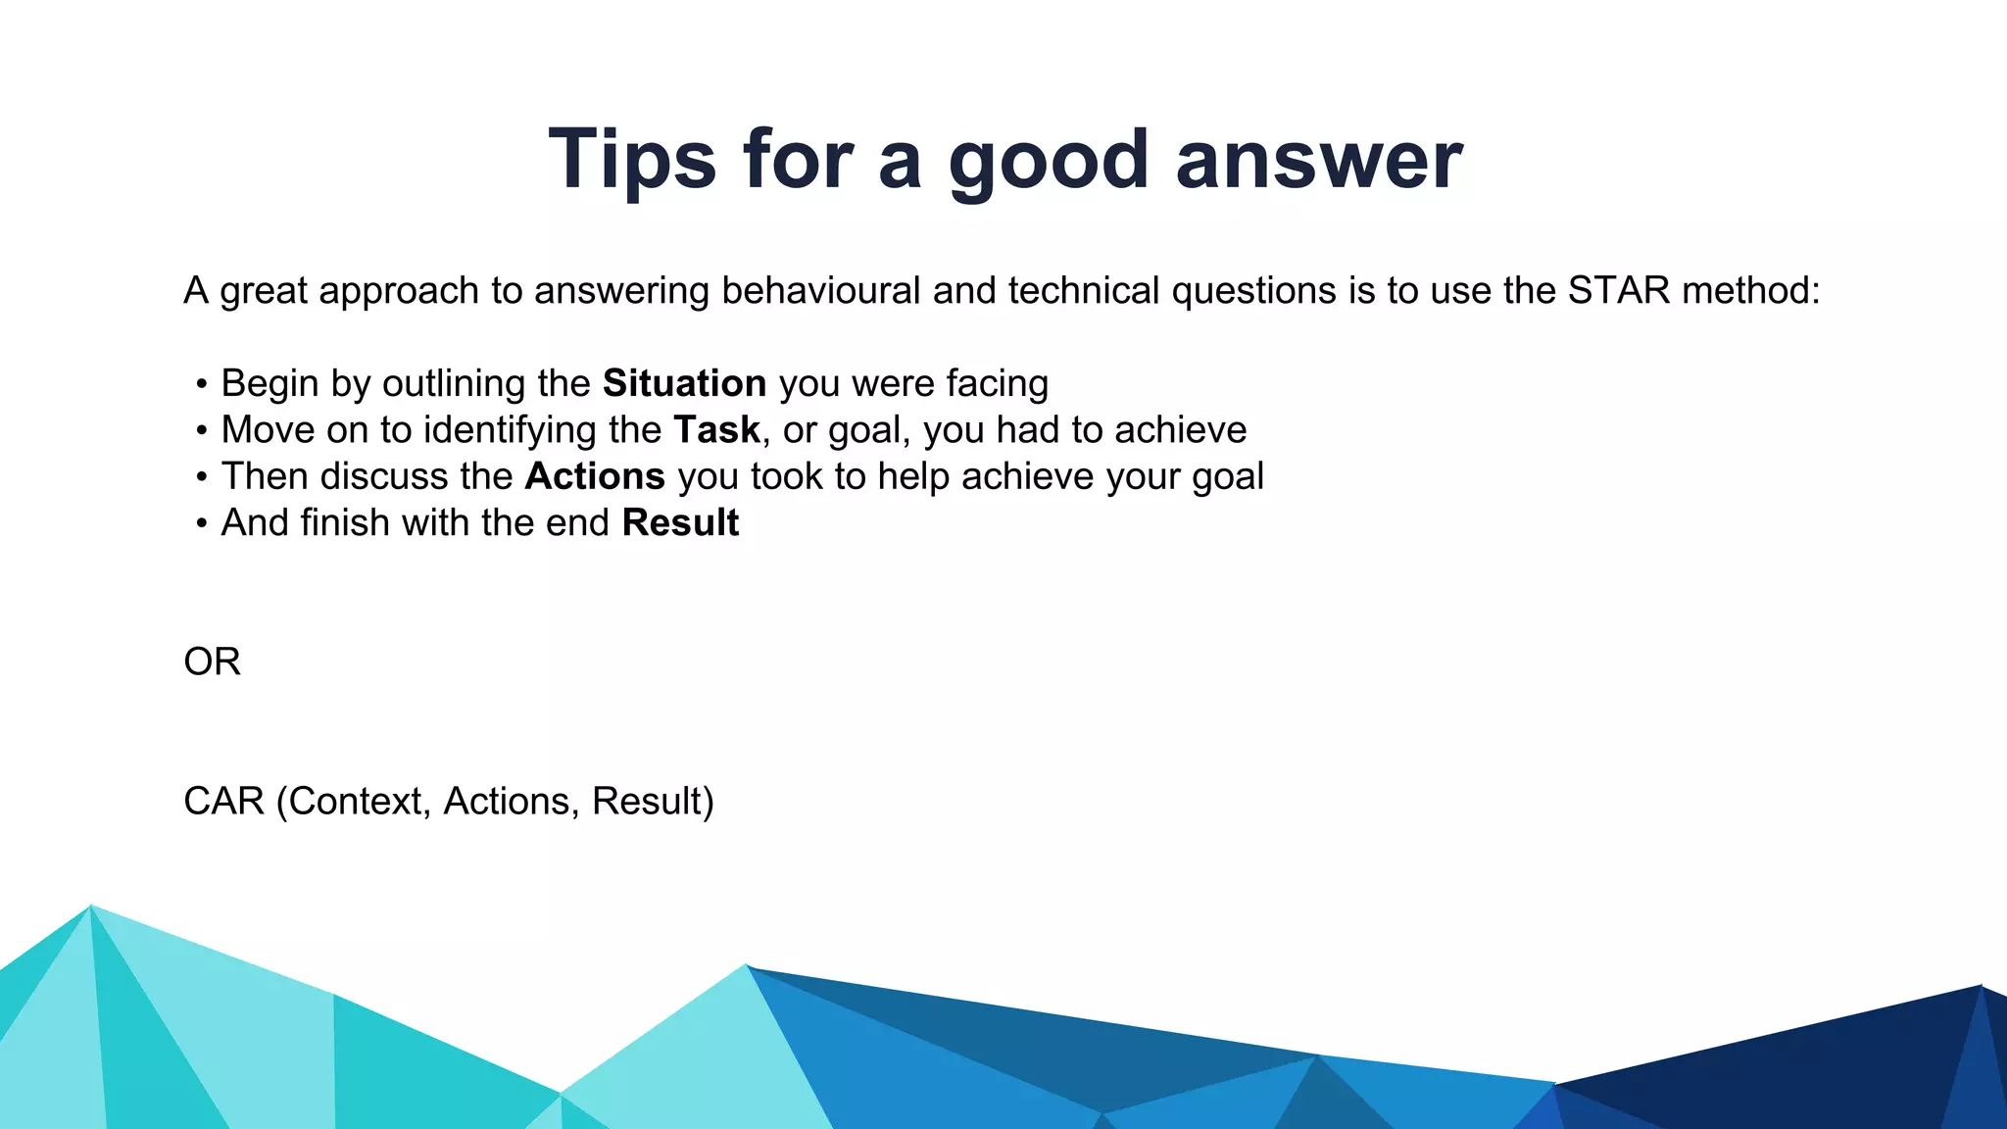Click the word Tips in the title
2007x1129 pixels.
point(632,159)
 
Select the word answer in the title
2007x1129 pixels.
point(1318,159)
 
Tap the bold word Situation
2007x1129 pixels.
point(684,383)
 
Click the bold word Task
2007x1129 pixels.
point(716,430)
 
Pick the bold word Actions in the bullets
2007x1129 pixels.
point(595,476)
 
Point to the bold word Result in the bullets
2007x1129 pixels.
point(680,522)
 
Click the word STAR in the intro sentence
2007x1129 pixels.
point(1618,291)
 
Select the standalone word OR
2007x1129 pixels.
point(212,662)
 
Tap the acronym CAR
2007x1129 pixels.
point(223,801)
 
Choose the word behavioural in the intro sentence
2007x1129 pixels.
point(821,291)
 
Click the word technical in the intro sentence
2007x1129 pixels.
point(1084,291)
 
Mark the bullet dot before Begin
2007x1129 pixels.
point(201,384)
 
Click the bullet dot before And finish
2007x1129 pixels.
point(201,523)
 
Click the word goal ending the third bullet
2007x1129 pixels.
point(1228,477)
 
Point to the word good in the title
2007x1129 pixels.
point(1049,161)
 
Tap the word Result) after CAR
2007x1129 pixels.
point(653,801)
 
